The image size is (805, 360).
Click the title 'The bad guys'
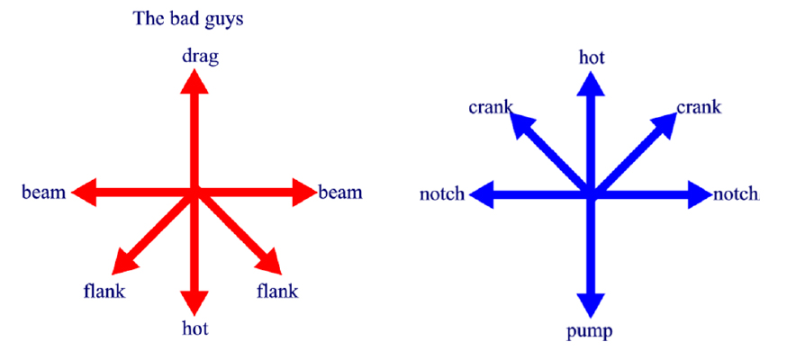(187, 19)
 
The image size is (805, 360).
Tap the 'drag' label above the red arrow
(200, 57)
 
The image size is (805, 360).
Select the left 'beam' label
(44, 193)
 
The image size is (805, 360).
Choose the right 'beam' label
(340, 193)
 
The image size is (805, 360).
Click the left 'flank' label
(104, 291)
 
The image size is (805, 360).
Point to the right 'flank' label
(277, 291)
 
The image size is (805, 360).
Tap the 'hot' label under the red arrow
(195, 328)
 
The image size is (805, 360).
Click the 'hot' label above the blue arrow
(592, 58)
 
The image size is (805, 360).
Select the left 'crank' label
(491, 108)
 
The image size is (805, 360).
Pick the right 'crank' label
(700, 108)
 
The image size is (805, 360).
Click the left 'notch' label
(442, 195)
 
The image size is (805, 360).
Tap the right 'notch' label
(736, 194)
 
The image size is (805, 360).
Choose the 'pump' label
(590, 332)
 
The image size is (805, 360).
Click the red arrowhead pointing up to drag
(195, 82)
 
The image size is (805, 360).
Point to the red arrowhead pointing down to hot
(195, 302)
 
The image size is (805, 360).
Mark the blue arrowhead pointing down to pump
(592, 306)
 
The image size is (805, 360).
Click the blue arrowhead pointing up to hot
(592, 84)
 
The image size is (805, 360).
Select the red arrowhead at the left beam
(85, 193)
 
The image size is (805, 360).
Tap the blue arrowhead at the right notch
(701, 194)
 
